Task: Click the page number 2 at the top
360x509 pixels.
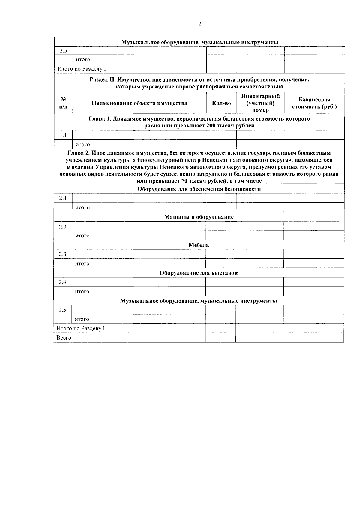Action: [x=200, y=24]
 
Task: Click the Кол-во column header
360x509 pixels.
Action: [x=221, y=103]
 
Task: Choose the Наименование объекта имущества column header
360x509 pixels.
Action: [x=139, y=103]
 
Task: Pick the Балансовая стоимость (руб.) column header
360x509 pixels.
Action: [x=314, y=103]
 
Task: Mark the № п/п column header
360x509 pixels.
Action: [x=63, y=103]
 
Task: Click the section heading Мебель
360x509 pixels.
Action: [x=199, y=245]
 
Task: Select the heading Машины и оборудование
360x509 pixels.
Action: [x=199, y=217]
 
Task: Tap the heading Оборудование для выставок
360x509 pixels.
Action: [x=199, y=273]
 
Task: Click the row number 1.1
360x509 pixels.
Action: [x=63, y=135]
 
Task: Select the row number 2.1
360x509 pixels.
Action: [x=63, y=198]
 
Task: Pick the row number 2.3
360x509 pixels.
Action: [x=62, y=254]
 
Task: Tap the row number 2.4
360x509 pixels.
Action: [x=62, y=282]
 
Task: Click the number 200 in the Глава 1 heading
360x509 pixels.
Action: [x=211, y=126]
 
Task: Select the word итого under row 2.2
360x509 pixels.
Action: [x=82, y=236]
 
